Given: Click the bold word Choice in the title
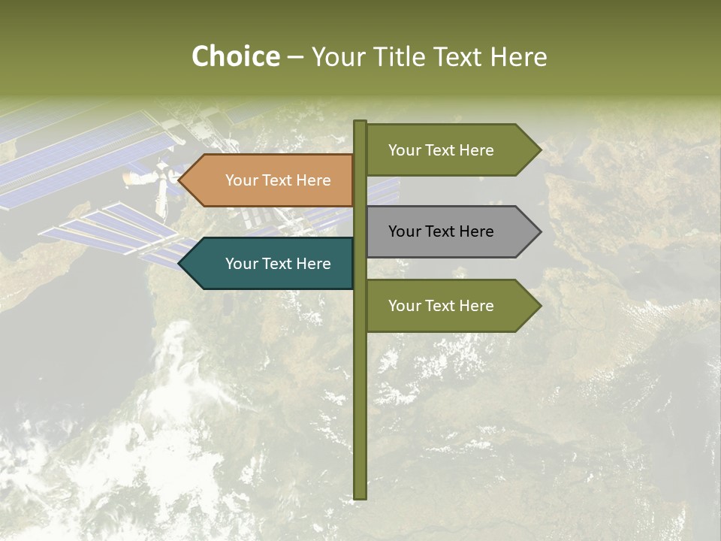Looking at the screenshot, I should tap(236, 57).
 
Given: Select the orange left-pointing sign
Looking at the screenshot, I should tap(270, 180).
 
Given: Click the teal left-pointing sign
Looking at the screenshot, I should tap(270, 264).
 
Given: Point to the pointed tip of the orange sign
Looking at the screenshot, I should tap(180, 180).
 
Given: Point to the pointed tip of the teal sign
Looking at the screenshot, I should tap(180, 264).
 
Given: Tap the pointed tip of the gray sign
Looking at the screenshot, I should tap(539, 231).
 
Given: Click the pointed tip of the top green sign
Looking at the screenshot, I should tap(539, 150).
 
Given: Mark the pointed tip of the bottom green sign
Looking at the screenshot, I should tap(539, 306).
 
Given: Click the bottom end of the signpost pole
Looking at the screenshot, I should tap(360, 496).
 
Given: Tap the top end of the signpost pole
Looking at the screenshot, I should tap(360, 122).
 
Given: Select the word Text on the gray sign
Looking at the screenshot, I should tap(440, 231).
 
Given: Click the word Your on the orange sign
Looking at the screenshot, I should tap(241, 180).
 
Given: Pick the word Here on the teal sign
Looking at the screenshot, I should tap(313, 264).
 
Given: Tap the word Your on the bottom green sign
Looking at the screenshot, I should tap(404, 306).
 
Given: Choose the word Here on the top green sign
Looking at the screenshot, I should tap(476, 150).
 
